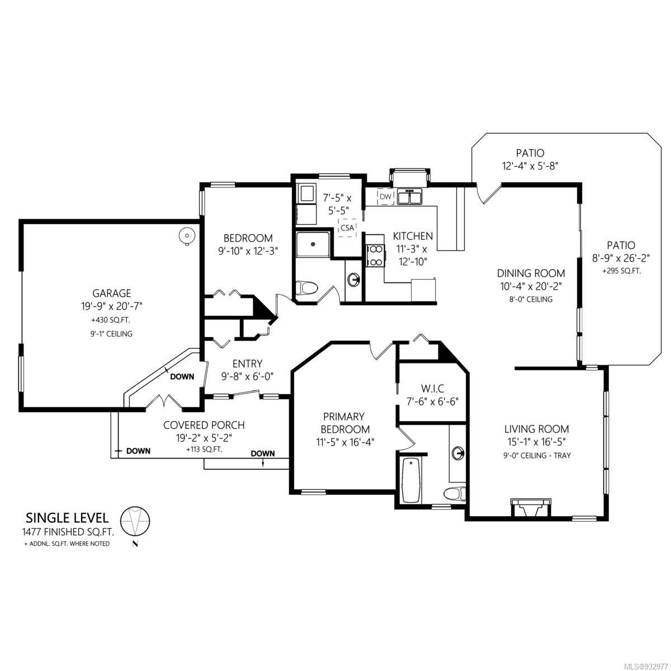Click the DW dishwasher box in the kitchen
tap(385, 197)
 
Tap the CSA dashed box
tap(347, 228)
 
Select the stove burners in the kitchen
tap(375, 256)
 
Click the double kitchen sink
tap(409, 196)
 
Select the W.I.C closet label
tap(432, 388)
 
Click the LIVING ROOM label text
tap(536, 429)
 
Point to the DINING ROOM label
tap(531, 273)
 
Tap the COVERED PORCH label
tap(204, 425)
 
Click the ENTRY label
tap(247, 364)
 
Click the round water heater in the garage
tap(187, 237)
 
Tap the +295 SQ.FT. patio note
tap(621, 271)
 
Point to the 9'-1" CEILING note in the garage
tap(111, 334)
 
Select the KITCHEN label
tap(413, 236)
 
